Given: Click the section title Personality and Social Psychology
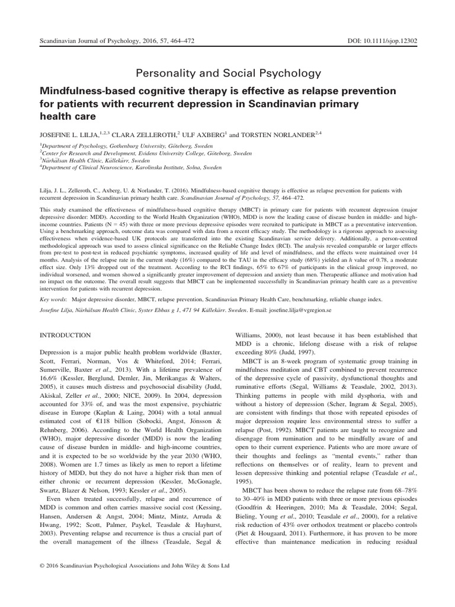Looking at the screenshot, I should point(228,74).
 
